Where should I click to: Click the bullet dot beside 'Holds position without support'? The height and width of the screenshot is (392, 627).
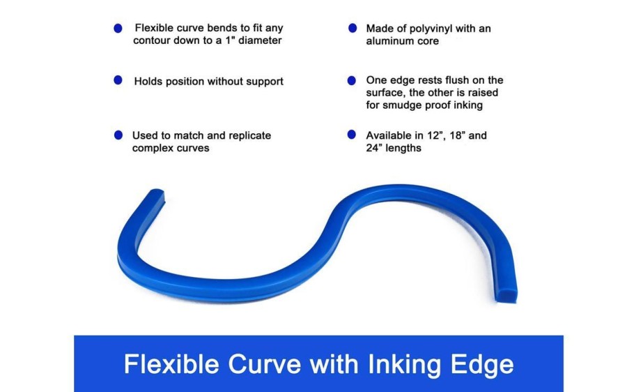[118, 80]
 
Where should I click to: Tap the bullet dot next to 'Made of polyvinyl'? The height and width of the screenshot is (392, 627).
[353, 28]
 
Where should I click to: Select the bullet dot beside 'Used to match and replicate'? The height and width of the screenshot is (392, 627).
[118, 135]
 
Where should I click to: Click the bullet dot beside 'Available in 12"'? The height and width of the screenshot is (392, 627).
[352, 135]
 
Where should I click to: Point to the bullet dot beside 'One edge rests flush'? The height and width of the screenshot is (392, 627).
[352, 81]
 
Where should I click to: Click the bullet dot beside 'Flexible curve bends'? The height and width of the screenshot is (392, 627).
[118, 28]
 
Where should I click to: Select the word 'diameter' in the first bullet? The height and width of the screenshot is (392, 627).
[260, 40]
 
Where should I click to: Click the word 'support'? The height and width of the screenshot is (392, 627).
[265, 82]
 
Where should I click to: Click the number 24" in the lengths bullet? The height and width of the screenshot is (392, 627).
[374, 148]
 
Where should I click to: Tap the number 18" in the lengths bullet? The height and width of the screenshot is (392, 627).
[457, 135]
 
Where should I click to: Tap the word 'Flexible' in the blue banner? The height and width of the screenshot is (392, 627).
[171, 364]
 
